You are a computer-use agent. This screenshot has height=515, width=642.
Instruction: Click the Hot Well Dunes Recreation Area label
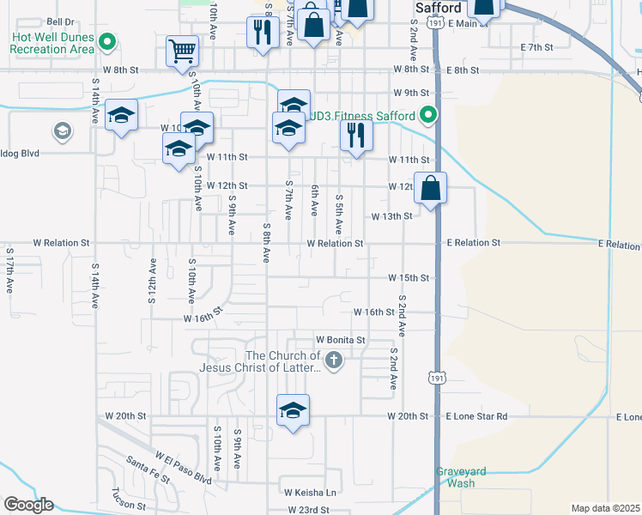51,43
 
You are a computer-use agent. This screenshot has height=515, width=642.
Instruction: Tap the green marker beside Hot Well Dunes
107,41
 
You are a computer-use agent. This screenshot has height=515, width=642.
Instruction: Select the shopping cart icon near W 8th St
183,51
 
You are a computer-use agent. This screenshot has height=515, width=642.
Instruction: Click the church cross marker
334,361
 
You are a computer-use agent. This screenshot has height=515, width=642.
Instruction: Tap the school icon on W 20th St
293,410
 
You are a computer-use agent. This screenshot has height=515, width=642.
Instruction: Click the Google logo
27,505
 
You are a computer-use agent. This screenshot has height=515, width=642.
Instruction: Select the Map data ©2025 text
605,508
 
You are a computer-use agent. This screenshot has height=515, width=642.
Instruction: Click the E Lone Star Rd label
476,416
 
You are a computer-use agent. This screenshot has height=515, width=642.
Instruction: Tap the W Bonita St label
341,340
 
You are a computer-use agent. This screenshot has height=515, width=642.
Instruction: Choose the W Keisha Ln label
311,493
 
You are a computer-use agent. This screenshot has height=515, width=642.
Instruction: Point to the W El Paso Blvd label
183,464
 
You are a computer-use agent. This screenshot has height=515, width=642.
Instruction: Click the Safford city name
438,8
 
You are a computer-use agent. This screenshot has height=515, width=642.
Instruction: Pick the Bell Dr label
62,21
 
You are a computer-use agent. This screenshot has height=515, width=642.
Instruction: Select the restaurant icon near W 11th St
356,135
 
